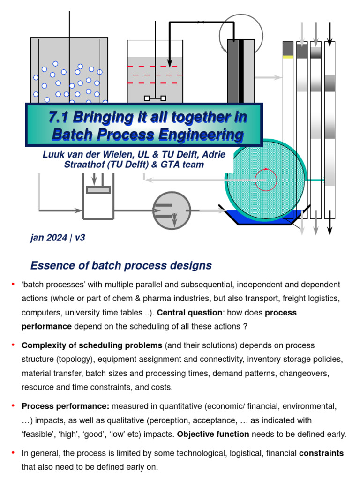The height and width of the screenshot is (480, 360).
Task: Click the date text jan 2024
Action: point(48,238)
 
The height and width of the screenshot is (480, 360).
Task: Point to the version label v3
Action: point(79,238)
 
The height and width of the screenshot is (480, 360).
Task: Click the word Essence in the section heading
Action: point(49,266)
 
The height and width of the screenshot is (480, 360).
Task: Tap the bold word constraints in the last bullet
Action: point(321,453)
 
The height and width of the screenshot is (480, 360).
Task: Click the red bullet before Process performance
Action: point(14,406)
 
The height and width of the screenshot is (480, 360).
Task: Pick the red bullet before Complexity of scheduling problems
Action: point(14,345)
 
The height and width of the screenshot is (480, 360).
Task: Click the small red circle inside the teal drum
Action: point(266,180)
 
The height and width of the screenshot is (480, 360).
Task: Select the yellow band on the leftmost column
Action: point(288,57)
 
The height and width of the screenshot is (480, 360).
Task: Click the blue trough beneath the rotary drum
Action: point(262,217)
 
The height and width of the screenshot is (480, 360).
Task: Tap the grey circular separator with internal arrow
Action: point(172,211)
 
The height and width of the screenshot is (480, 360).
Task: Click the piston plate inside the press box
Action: point(98,190)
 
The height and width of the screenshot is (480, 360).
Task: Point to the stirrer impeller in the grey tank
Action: point(155,98)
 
